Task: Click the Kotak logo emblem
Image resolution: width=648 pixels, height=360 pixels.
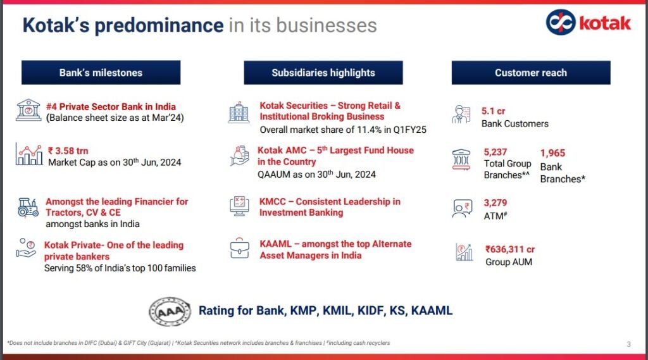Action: pyautogui.click(x=561, y=22)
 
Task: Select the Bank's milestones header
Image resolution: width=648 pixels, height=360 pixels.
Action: pyautogui.click(x=101, y=73)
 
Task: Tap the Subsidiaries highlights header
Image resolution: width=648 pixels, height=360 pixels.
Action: pyautogui.click(x=323, y=73)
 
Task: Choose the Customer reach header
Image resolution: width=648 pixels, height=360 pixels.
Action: pyautogui.click(x=531, y=73)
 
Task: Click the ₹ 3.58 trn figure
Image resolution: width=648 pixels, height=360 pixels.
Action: pyautogui.click(x=68, y=151)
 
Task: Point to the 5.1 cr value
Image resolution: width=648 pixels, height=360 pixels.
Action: pyautogui.click(x=494, y=111)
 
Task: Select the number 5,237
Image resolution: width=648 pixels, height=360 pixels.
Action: pyautogui.click(x=495, y=152)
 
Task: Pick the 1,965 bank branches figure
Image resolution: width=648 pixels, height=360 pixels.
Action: pyautogui.click(x=552, y=153)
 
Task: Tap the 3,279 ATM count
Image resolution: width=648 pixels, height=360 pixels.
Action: pyautogui.click(x=495, y=203)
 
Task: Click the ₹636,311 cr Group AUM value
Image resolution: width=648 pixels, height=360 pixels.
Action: pyautogui.click(x=510, y=249)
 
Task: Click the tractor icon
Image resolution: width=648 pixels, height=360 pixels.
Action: pyautogui.click(x=28, y=208)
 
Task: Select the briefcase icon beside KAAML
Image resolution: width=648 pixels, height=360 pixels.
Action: pyautogui.click(x=239, y=249)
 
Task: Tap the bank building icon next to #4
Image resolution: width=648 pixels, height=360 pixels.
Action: pyautogui.click(x=28, y=110)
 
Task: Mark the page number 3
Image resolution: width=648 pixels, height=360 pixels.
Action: pyautogui.click(x=628, y=344)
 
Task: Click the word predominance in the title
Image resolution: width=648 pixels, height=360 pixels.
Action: pyautogui.click(x=159, y=26)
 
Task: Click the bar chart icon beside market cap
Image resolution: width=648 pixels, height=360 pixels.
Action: pyautogui.click(x=29, y=154)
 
